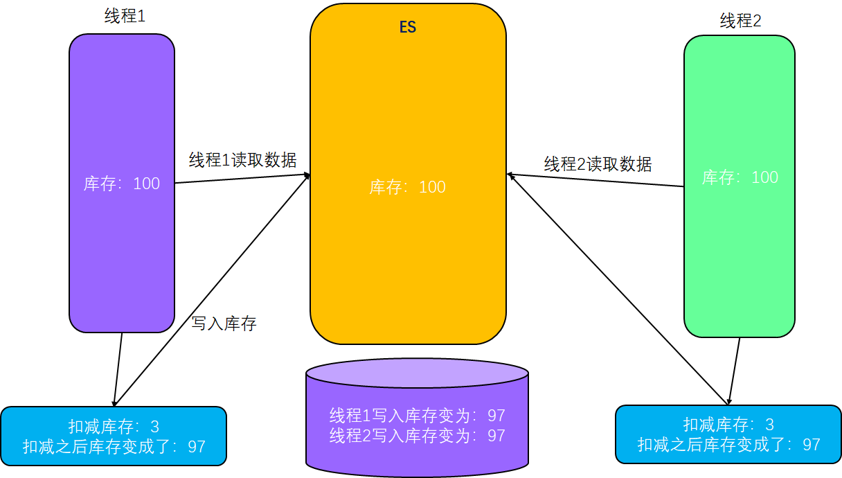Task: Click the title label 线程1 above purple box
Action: point(125,17)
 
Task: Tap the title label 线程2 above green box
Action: point(740,21)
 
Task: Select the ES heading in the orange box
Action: point(408,28)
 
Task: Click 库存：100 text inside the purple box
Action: point(122,184)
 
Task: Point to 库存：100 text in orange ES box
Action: point(408,187)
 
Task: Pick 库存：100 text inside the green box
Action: point(740,177)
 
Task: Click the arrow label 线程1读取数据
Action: point(243,160)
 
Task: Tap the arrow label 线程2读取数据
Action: point(598,164)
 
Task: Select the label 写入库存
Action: point(224,323)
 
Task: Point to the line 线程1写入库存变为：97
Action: point(417,416)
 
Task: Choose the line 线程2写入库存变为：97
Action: point(417,436)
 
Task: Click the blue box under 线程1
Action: point(114,436)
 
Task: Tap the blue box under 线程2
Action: point(728,434)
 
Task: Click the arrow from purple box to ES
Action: point(242,179)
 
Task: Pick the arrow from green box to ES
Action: point(595,181)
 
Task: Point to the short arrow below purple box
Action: point(118,369)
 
